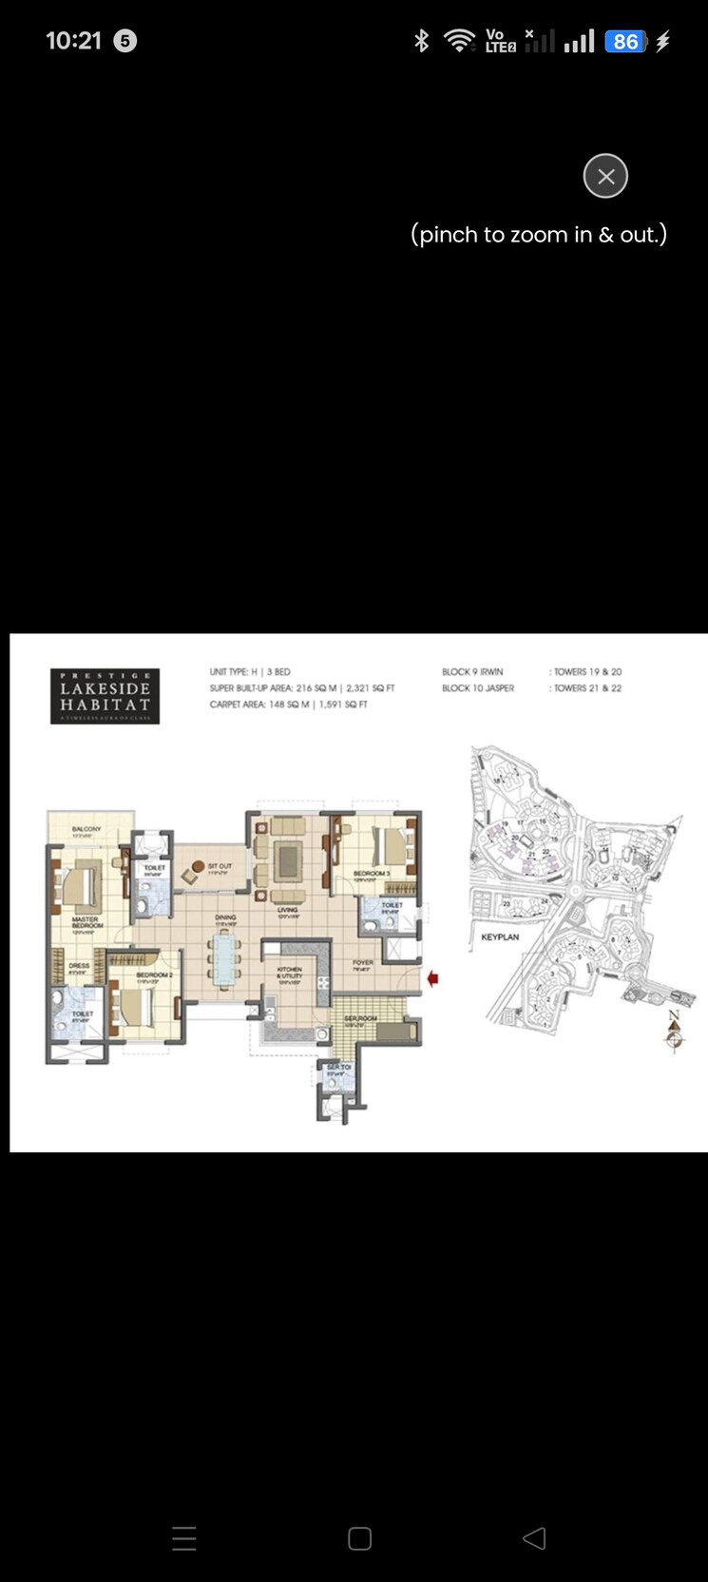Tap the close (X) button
605,176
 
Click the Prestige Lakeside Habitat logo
105,696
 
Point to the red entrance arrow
432,978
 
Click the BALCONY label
86,829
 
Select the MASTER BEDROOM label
86,922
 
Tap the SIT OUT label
220,866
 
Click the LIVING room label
288,910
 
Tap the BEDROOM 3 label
372,873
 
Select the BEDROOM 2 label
153,974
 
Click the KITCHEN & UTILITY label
290,973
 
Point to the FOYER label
363,962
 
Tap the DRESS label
79,966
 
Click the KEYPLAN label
500,936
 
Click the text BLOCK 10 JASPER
478,688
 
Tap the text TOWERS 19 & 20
587,672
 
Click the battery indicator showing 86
625,42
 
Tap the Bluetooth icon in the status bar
422,41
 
